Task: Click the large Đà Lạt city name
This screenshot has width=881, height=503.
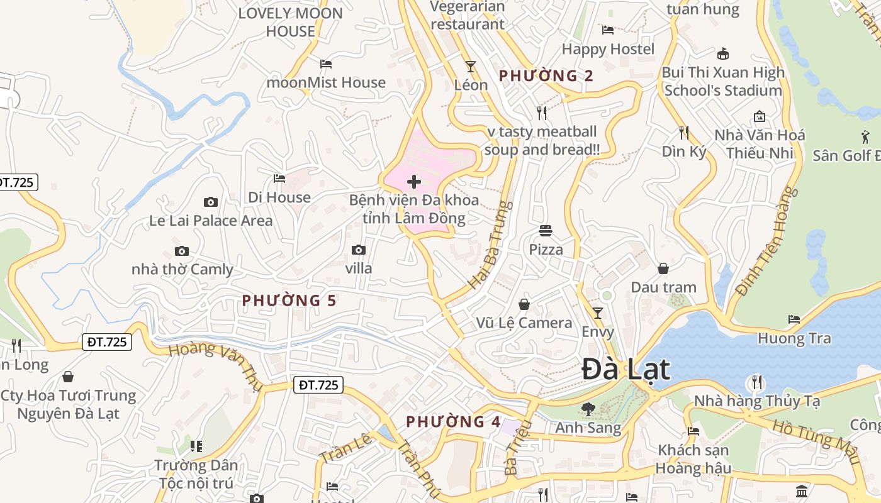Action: click(x=626, y=369)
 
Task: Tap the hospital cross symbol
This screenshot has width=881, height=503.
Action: click(x=414, y=182)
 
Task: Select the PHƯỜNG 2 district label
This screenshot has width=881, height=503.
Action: click(x=546, y=76)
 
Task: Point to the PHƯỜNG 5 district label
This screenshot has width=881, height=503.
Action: click(x=289, y=301)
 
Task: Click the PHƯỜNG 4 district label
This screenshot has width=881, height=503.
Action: click(x=453, y=421)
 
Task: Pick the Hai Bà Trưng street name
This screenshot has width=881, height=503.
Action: click(x=491, y=245)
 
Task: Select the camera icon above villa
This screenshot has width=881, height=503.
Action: click(x=359, y=250)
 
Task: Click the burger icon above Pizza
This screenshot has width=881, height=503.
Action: click(x=546, y=231)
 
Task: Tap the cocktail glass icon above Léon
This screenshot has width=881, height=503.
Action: click(x=470, y=66)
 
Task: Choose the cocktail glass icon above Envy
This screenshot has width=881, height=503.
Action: click(x=598, y=312)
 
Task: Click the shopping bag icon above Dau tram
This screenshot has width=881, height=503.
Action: click(x=663, y=268)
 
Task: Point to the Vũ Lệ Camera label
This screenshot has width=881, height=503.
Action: click(x=524, y=323)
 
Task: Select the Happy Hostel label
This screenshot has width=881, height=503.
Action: click(x=608, y=49)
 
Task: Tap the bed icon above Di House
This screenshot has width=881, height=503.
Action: click(x=279, y=179)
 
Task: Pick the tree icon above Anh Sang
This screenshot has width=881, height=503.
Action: click(x=588, y=409)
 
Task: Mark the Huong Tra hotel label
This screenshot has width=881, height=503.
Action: click(x=794, y=338)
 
